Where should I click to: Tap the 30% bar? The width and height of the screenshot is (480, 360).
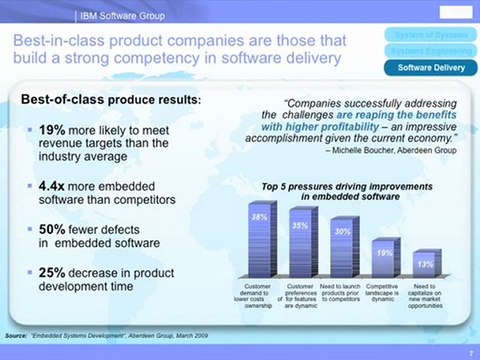pos(342,251)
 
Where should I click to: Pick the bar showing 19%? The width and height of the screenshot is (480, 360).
pos(383,259)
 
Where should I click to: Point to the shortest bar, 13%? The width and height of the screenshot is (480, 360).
pos(424,267)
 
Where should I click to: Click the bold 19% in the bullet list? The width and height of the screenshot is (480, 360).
pos(53,129)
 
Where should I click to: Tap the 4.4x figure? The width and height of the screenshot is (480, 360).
pos(55,186)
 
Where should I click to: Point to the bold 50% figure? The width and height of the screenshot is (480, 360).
pos(53,229)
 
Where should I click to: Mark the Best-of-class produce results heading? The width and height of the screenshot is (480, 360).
pos(111,100)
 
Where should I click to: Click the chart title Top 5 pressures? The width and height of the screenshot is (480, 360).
pos(341,188)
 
